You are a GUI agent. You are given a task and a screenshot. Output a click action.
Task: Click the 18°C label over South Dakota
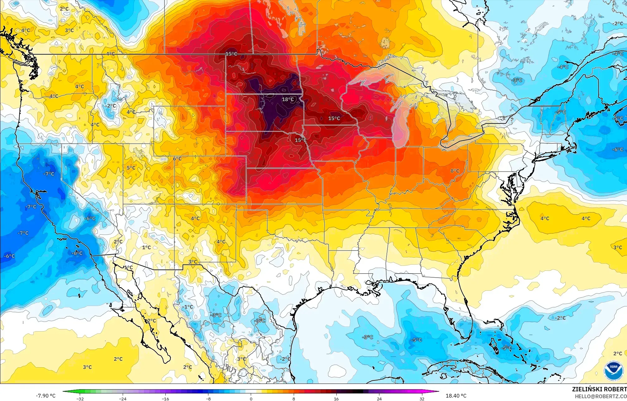coord(288,99)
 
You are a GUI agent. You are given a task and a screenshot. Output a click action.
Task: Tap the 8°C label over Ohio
coord(455,171)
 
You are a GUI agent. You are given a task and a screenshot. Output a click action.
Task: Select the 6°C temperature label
coord(177,159)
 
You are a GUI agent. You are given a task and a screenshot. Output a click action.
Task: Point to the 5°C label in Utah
coord(131,168)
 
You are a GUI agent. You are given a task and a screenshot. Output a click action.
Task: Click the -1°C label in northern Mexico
coord(188,307)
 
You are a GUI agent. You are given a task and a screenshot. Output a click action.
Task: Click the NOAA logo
coord(613,371)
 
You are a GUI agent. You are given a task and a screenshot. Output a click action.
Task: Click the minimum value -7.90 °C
coord(45,396)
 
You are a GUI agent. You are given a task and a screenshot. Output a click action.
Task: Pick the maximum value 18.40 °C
coord(456,396)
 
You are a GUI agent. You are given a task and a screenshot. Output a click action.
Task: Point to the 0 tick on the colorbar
coord(251,399)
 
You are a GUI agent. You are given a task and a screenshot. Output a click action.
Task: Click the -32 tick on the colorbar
coord(80,399)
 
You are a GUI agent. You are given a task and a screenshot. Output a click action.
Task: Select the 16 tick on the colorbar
coord(336,399)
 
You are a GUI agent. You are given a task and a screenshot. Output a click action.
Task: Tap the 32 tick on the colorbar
coord(422,399)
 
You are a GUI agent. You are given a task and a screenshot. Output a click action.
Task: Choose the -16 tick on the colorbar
coord(165,399)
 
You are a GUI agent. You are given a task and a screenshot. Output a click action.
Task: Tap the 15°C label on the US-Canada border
coord(231,54)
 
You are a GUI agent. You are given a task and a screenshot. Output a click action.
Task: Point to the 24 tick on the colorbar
coord(379,399)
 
